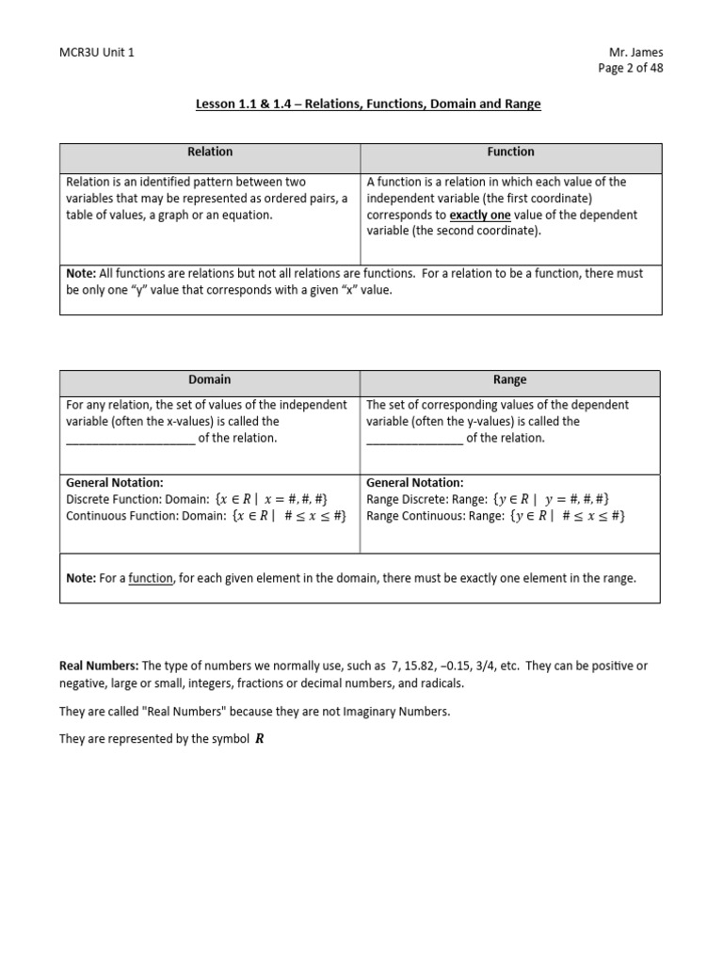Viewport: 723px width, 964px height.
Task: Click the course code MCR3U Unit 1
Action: (97, 53)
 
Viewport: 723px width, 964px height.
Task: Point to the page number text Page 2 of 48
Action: (631, 69)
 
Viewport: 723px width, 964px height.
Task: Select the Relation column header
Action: (210, 152)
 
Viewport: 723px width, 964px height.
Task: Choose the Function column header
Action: (511, 152)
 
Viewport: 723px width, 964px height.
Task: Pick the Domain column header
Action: (209, 379)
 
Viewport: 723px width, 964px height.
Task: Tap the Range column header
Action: (510, 379)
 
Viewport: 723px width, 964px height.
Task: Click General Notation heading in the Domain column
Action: (115, 482)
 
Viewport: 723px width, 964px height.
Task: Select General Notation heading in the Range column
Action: (415, 482)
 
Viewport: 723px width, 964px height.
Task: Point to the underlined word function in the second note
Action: (151, 578)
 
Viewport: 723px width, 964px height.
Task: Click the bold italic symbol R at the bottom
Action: (260, 739)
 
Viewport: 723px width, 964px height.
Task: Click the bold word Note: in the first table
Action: (81, 273)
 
